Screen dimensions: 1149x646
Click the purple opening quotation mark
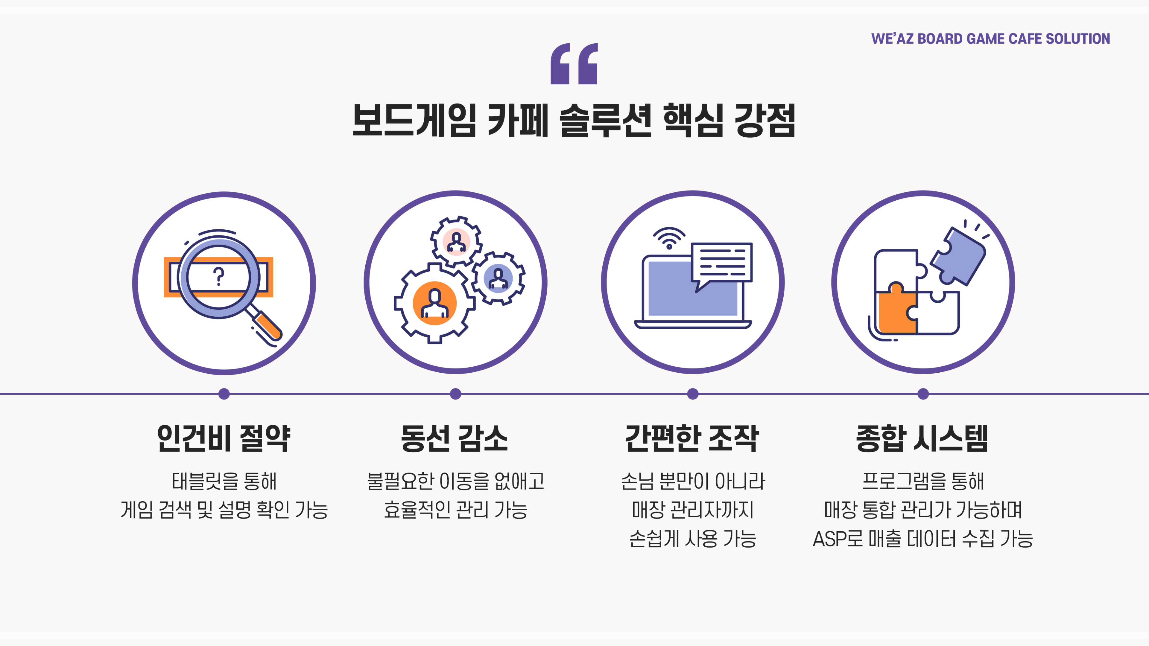pos(574,63)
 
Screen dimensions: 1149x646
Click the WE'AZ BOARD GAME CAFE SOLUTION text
pos(990,39)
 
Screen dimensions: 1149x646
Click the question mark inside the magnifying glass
pos(218,276)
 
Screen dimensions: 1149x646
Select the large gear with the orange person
pos(434,303)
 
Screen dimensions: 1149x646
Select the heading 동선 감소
pos(455,438)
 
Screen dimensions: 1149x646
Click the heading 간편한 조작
pos(692,438)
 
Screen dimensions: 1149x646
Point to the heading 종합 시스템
pos(922,438)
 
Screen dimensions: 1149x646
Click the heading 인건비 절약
pos(224,438)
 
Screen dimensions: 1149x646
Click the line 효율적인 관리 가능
pos(455,510)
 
